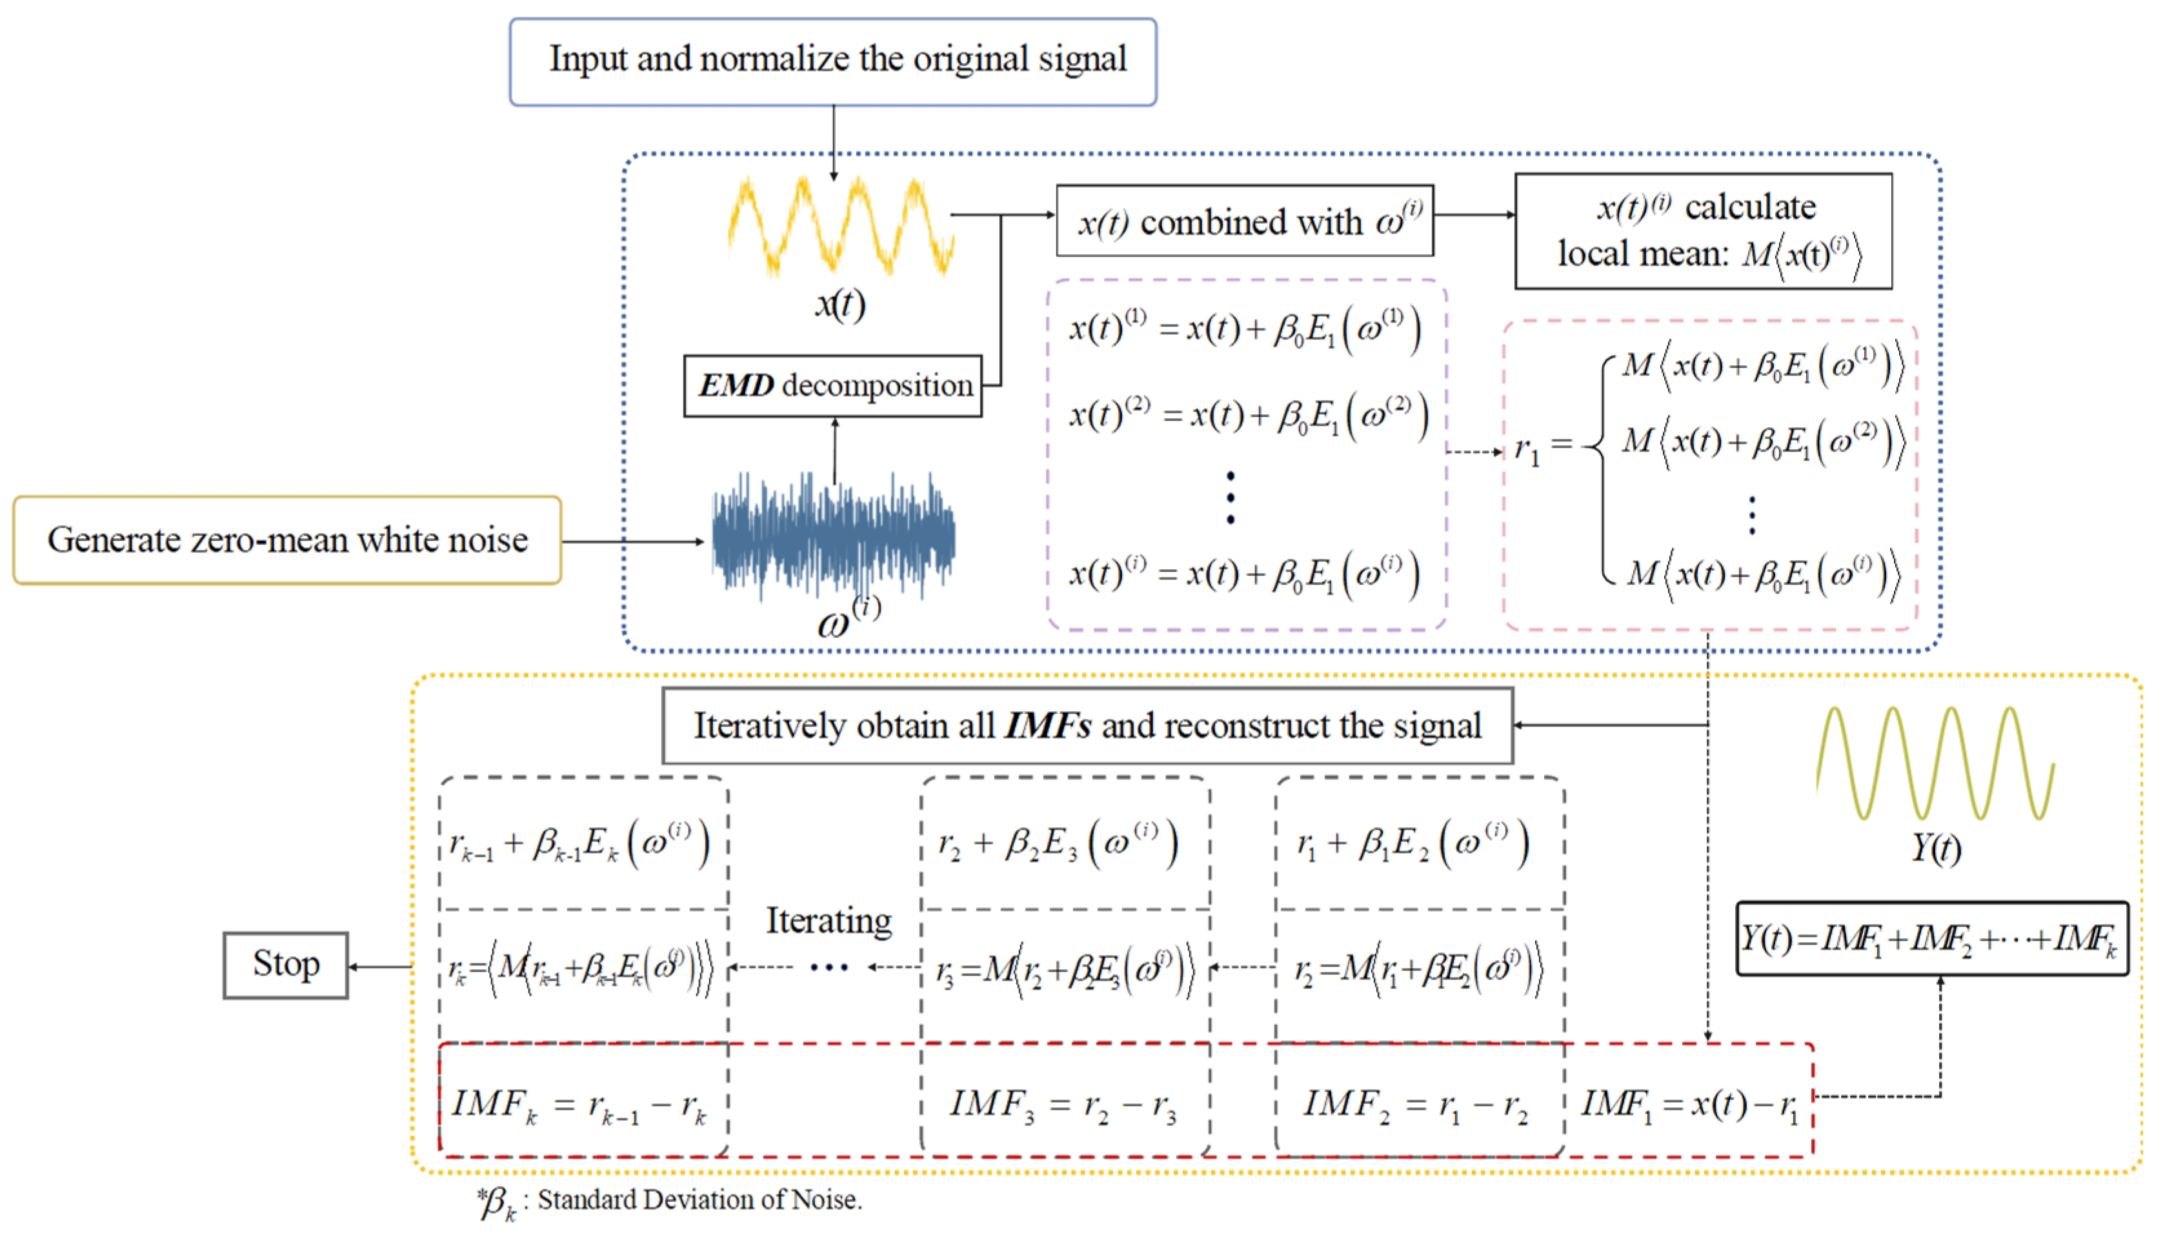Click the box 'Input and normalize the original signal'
pyautogui.click(x=832, y=61)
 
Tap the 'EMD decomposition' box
pyautogui.click(x=832, y=385)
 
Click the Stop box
pyautogui.click(x=286, y=965)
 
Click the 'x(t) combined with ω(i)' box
pyautogui.click(x=1244, y=221)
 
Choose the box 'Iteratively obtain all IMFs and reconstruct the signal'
pyautogui.click(x=1087, y=726)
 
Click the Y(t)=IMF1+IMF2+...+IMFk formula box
pyautogui.click(x=1931, y=939)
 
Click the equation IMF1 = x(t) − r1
pyautogui.click(x=1689, y=1105)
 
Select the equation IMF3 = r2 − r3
pyautogui.click(x=1063, y=1105)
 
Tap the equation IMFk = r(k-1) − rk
pyautogui.click(x=579, y=1105)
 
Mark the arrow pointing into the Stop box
pyautogui.click(x=379, y=967)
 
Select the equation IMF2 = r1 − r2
pyautogui.click(x=1417, y=1105)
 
